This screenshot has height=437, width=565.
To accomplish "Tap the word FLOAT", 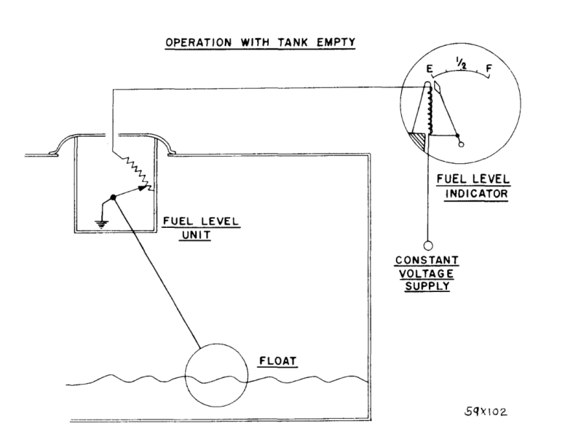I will pos(275,361).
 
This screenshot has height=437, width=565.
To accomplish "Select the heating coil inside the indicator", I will pos(430,109).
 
